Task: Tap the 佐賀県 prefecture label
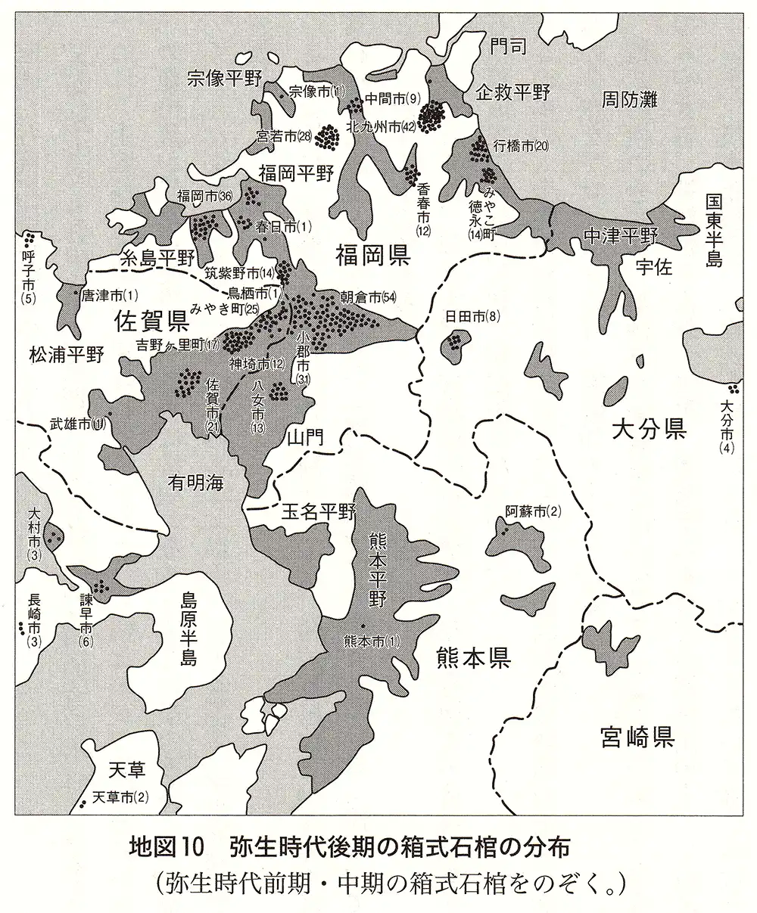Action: click(x=151, y=322)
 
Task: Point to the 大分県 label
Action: click(x=649, y=430)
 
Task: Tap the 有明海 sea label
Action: click(x=197, y=482)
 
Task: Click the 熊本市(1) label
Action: click(x=370, y=642)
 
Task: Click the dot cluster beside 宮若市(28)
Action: click(x=327, y=137)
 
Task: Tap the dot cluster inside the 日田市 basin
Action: click(x=454, y=342)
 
